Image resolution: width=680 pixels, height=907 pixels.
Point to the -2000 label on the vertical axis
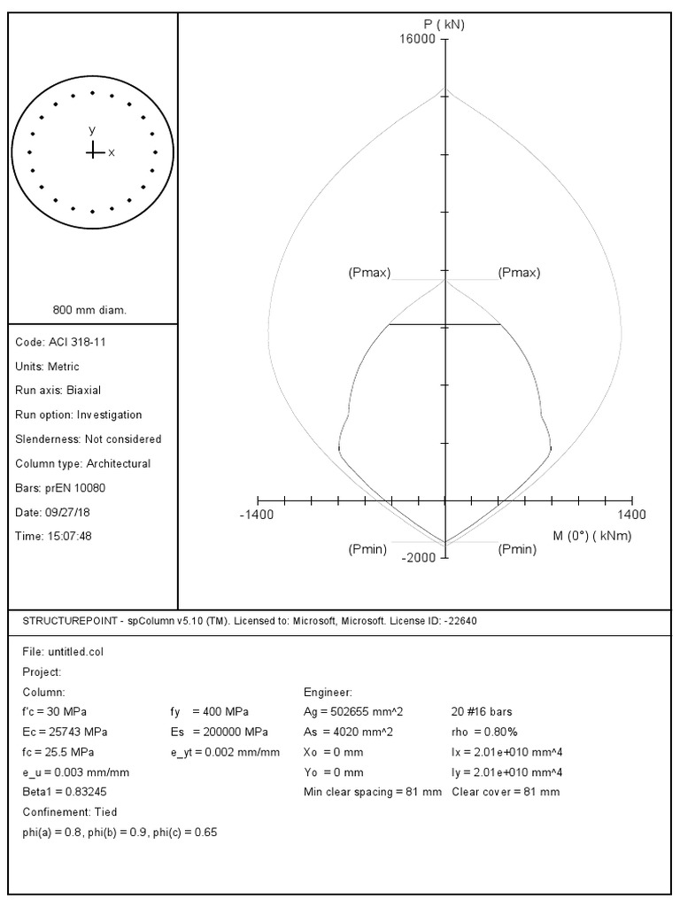(x=420, y=557)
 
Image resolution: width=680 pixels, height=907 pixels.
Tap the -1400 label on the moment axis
(x=258, y=515)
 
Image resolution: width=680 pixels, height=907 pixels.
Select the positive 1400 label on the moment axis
(x=632, y=515)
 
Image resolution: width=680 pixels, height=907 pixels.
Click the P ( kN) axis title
(x=444, y=25)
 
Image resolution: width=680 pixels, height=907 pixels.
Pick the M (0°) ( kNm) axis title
(x=591, y=535)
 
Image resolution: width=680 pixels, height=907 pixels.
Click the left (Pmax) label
(x=369, y=273)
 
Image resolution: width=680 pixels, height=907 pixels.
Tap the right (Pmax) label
(x=519, y=273)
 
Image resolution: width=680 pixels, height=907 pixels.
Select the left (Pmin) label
(x=367, y=549)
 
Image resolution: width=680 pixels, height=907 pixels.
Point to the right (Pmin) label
(x=517, y=549)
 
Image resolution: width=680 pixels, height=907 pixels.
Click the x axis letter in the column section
(x=112, y=153)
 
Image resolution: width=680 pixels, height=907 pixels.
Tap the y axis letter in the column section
(x=92, y=130)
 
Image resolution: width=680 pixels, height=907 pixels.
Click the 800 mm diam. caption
(x=90, y=310)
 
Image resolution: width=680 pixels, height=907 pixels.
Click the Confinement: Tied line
(x=69, y=811)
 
